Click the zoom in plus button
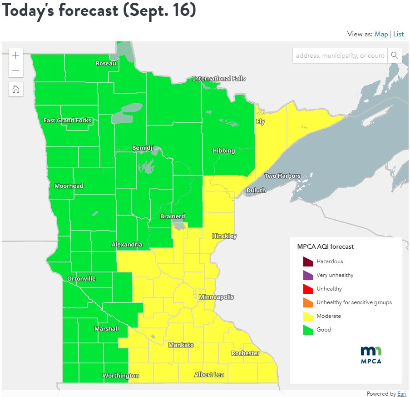[16, 55]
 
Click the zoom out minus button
[16, 70]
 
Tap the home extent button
[16, 89]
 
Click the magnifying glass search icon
[394, 55]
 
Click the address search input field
[340, 55]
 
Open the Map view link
[381, 34]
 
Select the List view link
[398, 34]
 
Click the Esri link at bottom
[402, 393]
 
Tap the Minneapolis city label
[216, 297]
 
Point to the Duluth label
[256, 190]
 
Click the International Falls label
[219, 79]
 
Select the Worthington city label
[120, 376]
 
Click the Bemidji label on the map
[143, 148]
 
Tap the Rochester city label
[245, 353]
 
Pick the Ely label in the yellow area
[260, 122]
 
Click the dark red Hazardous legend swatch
[308, 261]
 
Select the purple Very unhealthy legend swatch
[308, 275]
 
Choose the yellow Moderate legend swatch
[308, 316]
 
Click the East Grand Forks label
[67, 121]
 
